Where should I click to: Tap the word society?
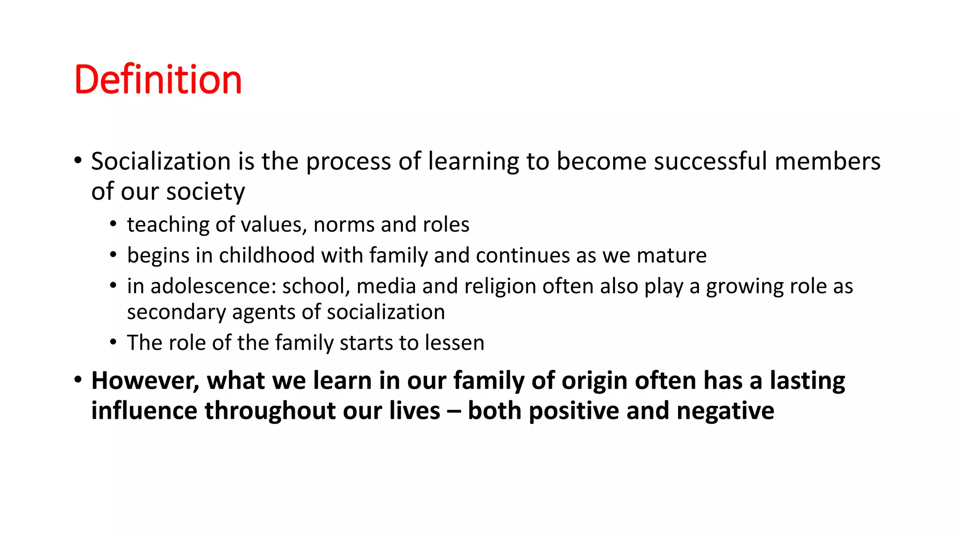tap(205, 192)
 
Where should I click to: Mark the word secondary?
tap(176, 312)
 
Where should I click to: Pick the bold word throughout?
tap(270, 411)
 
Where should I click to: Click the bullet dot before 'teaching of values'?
tap(113, 225)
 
